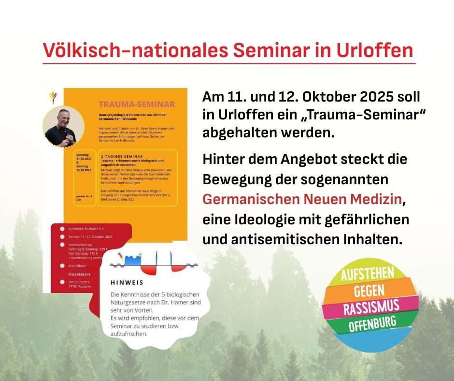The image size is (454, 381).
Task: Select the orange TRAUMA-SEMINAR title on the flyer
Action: tap(137, 104)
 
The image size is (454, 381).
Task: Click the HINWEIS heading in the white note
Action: tap(127, 282)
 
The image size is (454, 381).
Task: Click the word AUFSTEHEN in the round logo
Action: tap(368, 274)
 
